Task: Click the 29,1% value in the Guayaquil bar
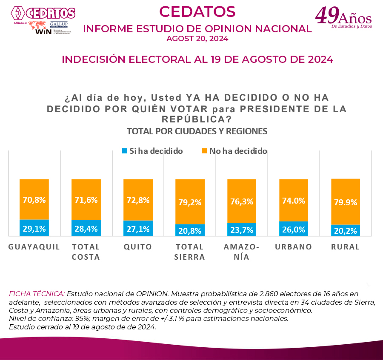34,229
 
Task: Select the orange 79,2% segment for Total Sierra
190,202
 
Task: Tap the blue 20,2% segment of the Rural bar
346,230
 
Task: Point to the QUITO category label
138,247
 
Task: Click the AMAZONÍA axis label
242,252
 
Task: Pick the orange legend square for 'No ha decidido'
204,151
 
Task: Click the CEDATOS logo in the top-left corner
43,13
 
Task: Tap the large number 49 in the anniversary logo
327,16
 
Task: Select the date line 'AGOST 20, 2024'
197,39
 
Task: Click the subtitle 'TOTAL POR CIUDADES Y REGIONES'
197,131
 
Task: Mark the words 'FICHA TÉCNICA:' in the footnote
37,294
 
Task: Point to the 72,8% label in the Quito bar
138,200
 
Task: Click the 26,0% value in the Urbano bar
294,229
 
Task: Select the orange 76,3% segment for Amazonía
242,201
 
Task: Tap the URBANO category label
294,247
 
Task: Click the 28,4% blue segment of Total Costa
86,229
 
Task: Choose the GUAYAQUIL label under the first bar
34,247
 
